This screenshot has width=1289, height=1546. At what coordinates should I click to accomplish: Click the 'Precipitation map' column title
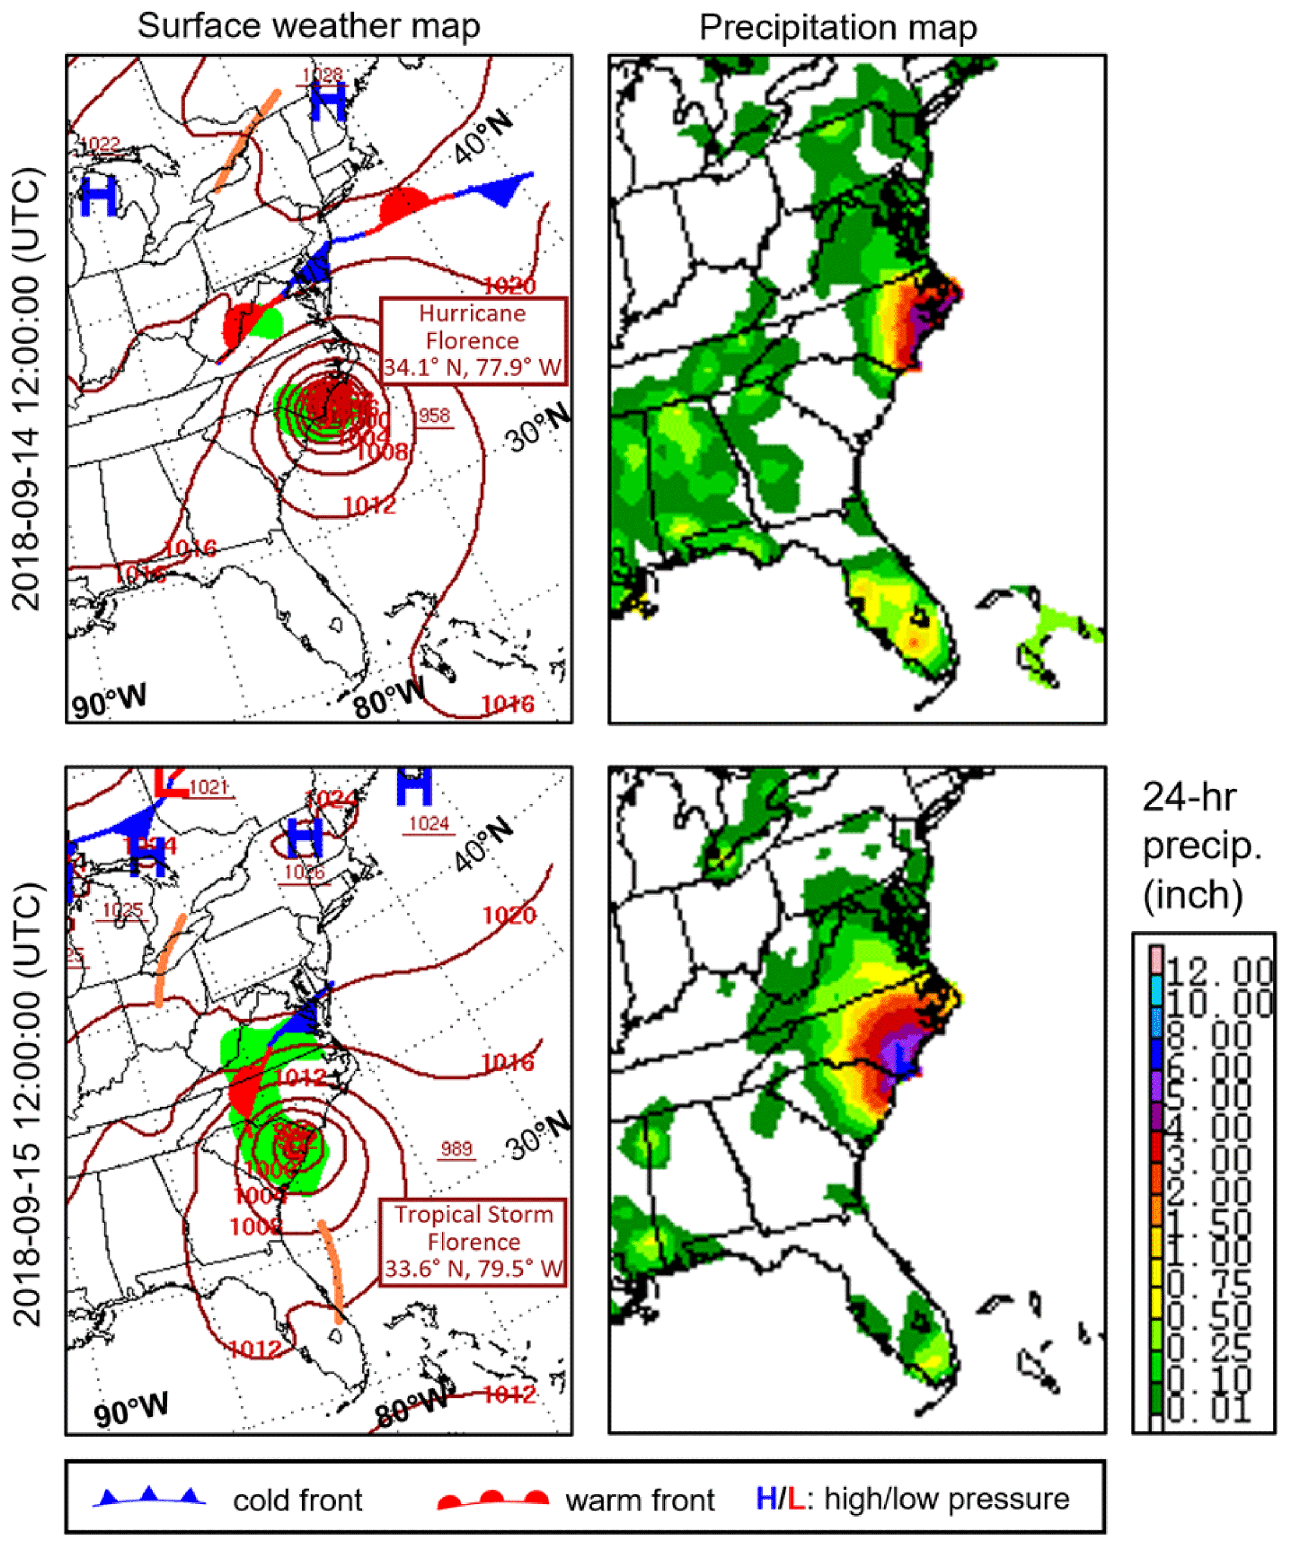pyautogui.click(x=838, y=28)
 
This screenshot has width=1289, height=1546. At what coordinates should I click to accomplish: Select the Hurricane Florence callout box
pyautogui.click(x=473, y=340)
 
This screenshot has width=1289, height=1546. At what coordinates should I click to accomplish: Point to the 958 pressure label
pyautogui.click(x=434, y=416)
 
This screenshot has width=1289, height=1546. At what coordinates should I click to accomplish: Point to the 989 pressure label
pyautogui.click(x=456, y=1149)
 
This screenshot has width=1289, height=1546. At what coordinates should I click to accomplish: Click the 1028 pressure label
pyautogui.click(x=323, y=74)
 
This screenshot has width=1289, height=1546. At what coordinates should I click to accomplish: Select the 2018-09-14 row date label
pyautogui.click(x=28, y=389)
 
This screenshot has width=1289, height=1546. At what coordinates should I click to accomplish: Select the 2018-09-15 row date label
pyautogui.click(x=28, y=1104)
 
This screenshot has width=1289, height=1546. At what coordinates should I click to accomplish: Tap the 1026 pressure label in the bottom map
pyautogui.click(x=304, y=872)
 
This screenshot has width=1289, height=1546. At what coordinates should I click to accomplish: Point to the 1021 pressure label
pyautogui.click(x=208, y=787)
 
